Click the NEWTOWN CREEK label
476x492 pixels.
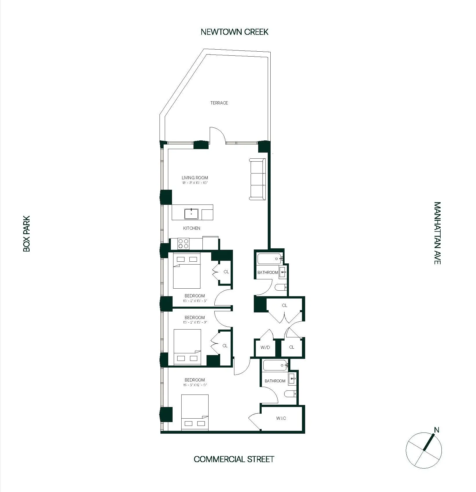(x=234, y=32)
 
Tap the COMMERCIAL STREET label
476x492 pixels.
(x=234, y=459)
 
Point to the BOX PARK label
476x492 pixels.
(x=26, y=234)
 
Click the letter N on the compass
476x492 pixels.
(x=437, y=430)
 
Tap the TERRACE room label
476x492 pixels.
(x=219, y=103)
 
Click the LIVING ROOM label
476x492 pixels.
(x=195, y=178)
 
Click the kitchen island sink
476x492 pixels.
(x=191, y=214)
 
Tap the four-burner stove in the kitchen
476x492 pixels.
(x=183, y=244)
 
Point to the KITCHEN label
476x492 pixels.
(x=191, y=228)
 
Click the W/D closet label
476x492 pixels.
(x=265, y=347)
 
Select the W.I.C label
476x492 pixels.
(x=281, y=418)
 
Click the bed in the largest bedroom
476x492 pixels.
(x=195, y=412)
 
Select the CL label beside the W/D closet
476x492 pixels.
(x=292, y=347)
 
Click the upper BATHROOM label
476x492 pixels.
(x=267, y=272)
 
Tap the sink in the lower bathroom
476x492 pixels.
(x=292, y=379)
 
